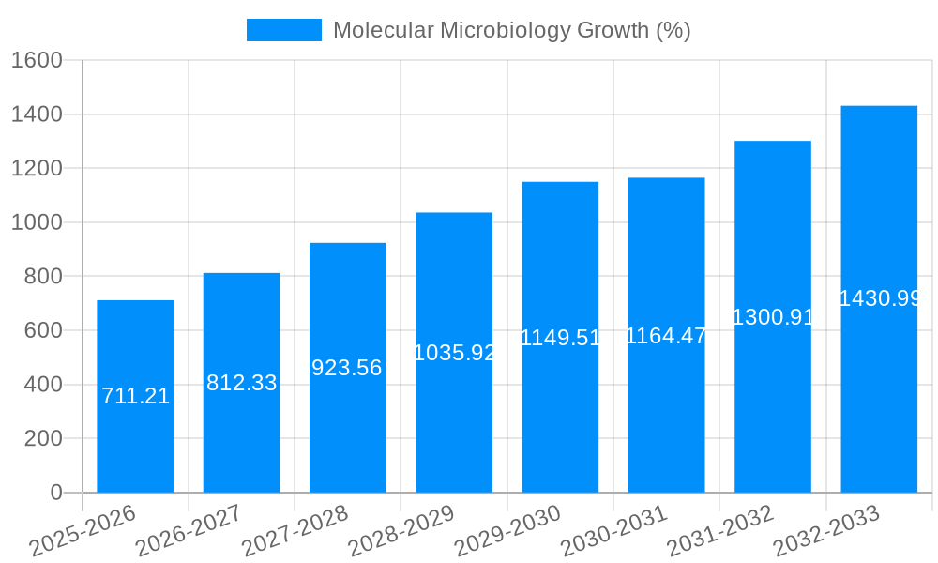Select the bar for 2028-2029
click(x=454, y=422)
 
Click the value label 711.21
click(x=135, y=396)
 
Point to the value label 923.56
click(x=347, y=368)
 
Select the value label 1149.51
click(x=560, y=338)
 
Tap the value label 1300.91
click(x=772, y=317)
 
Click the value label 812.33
click(x=241, y=383)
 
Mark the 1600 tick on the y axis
click(x=37, y=61)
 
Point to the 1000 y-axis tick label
click(x=37, y=223)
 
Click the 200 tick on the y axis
click(x=43, y=438)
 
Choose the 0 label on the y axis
click(x=55, y=493)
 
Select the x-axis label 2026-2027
click(x=189, y=531)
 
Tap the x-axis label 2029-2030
click(x=507, y=531)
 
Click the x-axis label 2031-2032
click(x=720, y=531)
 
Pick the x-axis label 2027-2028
click(x=295, y=531)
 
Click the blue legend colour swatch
click(x=283, y=30)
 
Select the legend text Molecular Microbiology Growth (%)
click(x=511, y=30)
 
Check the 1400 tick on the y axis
click(x=37, y=114)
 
